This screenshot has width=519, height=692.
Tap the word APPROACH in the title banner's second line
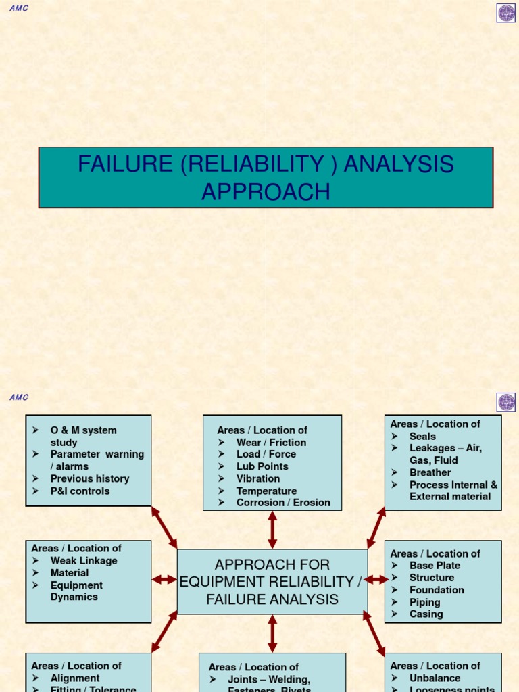pyautogui.click(x=266, y=192)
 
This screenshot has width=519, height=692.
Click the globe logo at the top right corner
pyautogui.click(x=506, y=13)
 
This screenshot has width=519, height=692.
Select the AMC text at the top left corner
pyautogui.click(x=19, y=9)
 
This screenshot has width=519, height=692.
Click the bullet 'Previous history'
pyautogui.click(x=90, y=478)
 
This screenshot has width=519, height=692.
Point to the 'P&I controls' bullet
pyautogui.click(x=80, y=491)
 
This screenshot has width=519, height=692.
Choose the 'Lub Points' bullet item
pyautogui.click(x=262, y=466)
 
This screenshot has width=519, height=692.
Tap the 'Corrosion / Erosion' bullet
pyautogui.click(x=283, y=503)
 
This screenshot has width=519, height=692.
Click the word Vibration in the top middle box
pyautogui.click(x=258, y=478)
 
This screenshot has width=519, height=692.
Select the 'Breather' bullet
pyautogui.click(x=430, y=472)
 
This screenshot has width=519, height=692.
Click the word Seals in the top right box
pyautogui.click(x=422, y=436)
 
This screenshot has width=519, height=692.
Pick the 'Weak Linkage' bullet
pyautogui.click(x=84, y=560)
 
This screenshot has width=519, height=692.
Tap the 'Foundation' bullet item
pyautogui.click(x=437, y=590)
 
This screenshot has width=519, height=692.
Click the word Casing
pyautogui.click(x=426, y=614)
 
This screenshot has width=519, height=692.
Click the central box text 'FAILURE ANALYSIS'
pyautogui.click(x=272, y=599)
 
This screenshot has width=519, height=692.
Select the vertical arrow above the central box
pyautogui.click(x=272, y=530)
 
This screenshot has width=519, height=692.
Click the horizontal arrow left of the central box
pyautogui.click(x=164, y=579)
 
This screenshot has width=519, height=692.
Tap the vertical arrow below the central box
pyautogui.click(x=272, y=633)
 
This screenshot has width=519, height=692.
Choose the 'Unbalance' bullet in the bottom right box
pyautogui.click(x=435, y=678)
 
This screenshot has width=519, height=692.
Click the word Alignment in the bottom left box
pyautogui.click(x=75, y=678)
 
